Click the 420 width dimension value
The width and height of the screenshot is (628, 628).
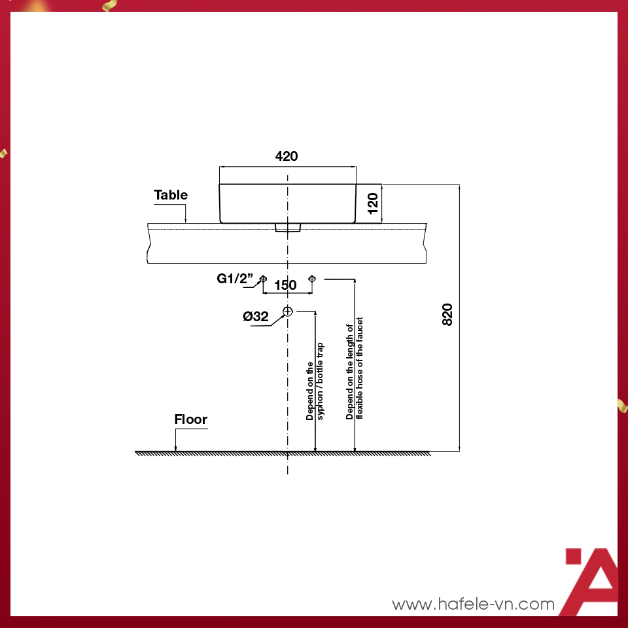(x=287, y=156)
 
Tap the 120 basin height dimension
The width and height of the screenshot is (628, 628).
(x=373, y=203)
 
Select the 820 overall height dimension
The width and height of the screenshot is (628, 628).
(x=447, y=315)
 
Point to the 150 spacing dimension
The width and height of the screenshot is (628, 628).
(x=285, y=285)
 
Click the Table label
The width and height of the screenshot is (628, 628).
(x=171, y=195)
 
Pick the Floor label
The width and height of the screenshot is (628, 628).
(x=191, y=419)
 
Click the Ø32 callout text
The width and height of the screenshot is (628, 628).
(x=256, y=317)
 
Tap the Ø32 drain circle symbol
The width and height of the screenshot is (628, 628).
(x=288, y=311)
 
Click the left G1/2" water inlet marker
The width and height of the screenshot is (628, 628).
(x=263, y=279)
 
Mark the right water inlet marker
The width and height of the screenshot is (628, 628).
(x=312, y=279)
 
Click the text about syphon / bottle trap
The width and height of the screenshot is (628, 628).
(x=315, y=390)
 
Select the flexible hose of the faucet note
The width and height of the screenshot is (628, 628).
(x=355, y=368)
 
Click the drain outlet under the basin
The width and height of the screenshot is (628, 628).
(x=287, y=228)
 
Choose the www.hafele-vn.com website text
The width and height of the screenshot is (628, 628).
(x=473, y=604)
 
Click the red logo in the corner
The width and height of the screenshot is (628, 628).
(x=591, y=581)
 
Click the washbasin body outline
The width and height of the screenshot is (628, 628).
(x=288, y=203)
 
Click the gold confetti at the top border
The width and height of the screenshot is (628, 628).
(x=107, y=6)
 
